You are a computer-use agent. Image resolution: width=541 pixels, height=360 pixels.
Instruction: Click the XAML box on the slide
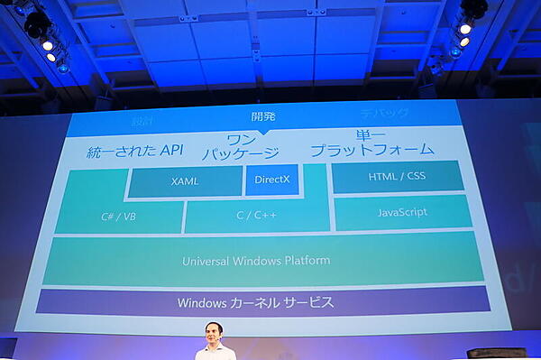tap(185, 181)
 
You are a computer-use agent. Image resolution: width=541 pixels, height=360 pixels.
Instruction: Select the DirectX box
tap(270, 180)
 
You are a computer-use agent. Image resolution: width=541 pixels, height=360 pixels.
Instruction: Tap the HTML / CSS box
tap(397, 176)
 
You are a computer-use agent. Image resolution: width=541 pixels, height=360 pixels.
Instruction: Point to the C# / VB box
tap(118, 217)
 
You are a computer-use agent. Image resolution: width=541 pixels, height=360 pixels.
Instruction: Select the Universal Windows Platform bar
tap(257, 260)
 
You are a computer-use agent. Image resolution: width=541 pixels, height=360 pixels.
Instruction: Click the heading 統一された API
tap(134, 152)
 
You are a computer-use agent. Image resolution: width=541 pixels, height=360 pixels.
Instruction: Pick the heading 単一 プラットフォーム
tap(371, 142)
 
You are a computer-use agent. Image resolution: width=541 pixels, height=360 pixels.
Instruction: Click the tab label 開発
tap(263, 115)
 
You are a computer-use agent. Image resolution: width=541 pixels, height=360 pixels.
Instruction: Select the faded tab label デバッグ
tap(384, 114)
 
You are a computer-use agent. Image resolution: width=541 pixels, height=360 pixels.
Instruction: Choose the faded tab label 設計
tap(142, 120)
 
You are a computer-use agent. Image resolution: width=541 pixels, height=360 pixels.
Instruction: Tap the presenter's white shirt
tap(215, 352)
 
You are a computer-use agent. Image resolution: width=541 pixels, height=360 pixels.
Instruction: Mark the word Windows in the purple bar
tap(201, 302)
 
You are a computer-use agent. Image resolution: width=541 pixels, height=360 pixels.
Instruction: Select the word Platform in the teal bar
tap(307, 260)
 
